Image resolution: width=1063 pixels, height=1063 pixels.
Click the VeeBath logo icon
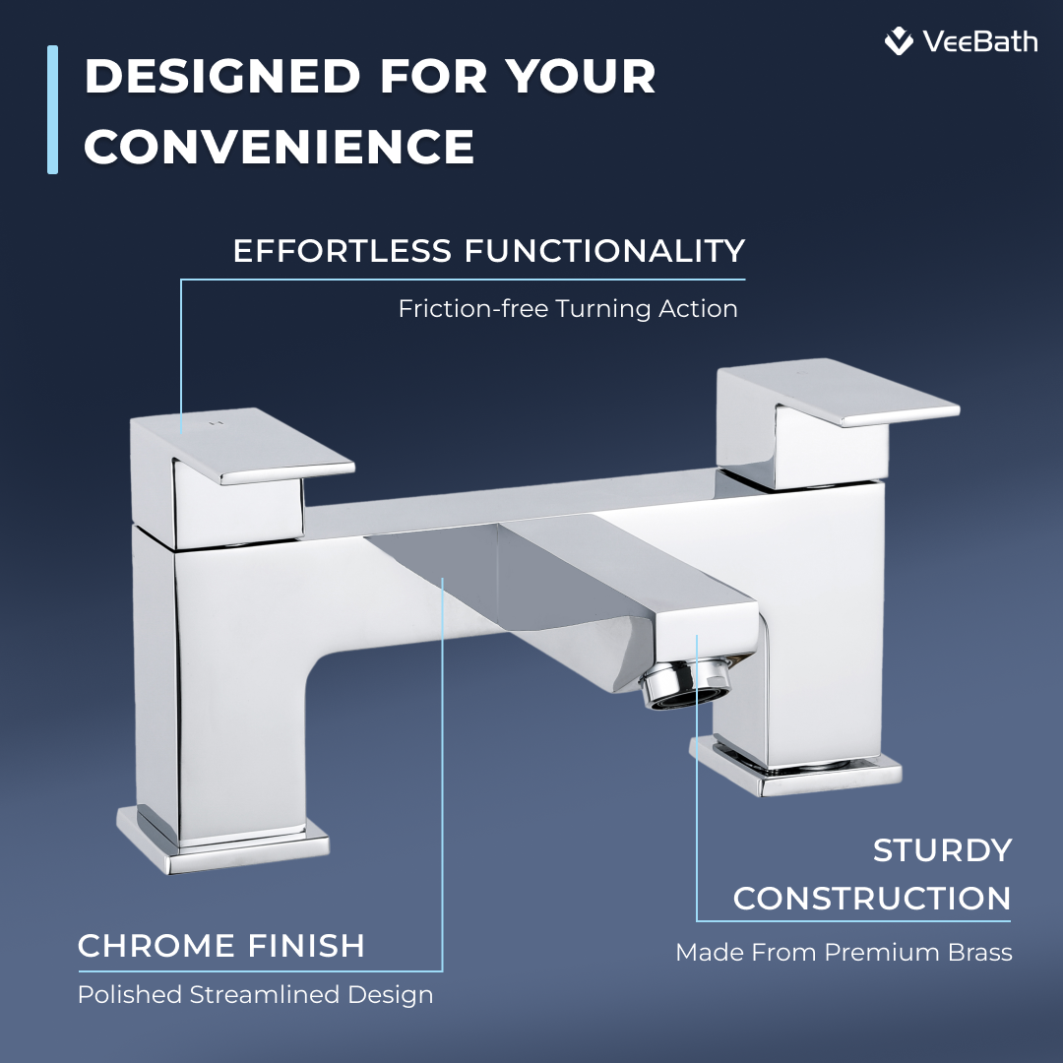point(899,40)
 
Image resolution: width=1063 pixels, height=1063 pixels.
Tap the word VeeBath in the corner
point(980,42)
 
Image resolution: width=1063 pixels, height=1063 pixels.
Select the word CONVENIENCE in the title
point(280,146)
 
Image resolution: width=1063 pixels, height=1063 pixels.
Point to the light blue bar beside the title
point(52,110)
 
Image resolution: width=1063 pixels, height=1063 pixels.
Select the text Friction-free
point(473,308)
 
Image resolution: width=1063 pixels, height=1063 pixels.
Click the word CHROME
point(156,945)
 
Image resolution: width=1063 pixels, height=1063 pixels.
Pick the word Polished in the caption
point(130,994)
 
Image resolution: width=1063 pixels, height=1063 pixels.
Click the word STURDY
point(942,850)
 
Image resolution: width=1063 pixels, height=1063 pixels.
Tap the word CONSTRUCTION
point(872,899)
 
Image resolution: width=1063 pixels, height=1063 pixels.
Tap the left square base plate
point(222,840)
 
